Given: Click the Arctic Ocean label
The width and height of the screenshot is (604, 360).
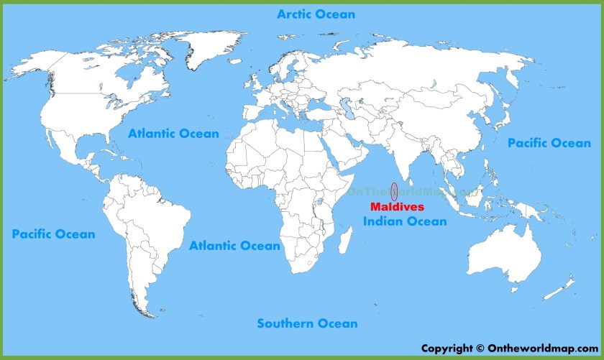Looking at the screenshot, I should pyautogui.click(x=316, y=14).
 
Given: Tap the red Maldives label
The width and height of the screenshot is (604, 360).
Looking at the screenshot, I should pyautogui.click(x=397, y=208).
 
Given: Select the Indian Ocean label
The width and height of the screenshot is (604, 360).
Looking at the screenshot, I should pyautogui.click(x=405, y=221).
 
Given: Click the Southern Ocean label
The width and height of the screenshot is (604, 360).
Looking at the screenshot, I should pyautogui.click(x=307, y=323).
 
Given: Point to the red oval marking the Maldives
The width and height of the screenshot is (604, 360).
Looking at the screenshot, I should pyautogui.click(x=394, y=193).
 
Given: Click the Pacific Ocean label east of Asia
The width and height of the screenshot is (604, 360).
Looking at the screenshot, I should pyautogui.click(x=549, y=144).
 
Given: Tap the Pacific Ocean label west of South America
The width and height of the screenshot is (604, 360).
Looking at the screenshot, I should pyautogui.click(x=53, y=234).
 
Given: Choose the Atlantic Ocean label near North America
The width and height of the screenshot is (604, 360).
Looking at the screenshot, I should pyautogui.click(x=173, y=134).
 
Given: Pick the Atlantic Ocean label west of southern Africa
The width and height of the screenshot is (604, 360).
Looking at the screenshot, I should pyautogui.click(x=234, y=246).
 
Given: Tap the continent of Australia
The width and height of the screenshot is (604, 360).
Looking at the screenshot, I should pyautogui.click(x=503, y=251).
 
